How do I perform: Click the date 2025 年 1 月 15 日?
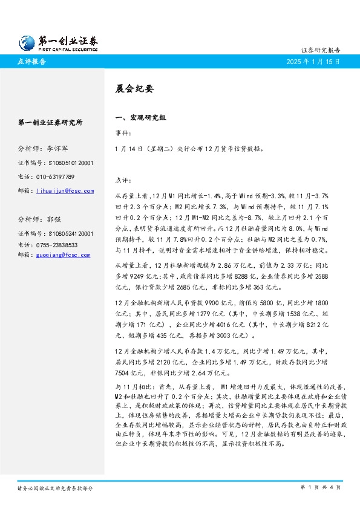click(x=313, y=62)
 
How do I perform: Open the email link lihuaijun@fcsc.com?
click(x=65, y=191)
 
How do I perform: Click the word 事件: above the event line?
click(x=123, y=133)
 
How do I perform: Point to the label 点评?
click(x=123, y=180)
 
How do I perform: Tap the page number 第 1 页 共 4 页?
click(x=321, y=487)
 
